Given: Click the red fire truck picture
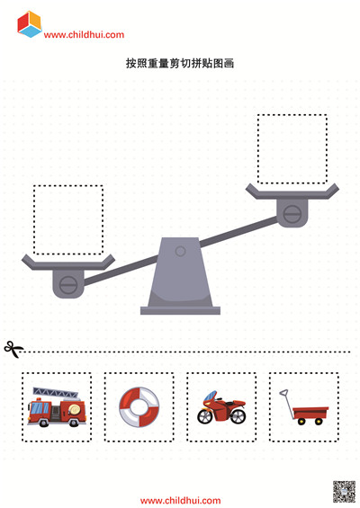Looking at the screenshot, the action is pyautogui.click(x=57, y=406).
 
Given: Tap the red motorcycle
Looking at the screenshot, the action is pyautogui.click(x=221, y=407).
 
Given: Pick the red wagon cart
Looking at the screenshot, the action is pyautogui.click(x=304, y=407).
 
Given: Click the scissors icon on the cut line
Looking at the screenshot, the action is pyautogui.click(x=13, y=350).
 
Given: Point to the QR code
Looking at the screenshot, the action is pyautogui.click(x=344, y=492).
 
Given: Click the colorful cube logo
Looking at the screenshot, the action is pyautogui.click(x=30, y=24).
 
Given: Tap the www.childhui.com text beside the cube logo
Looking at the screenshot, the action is pyautogui.click(x=84, y=35).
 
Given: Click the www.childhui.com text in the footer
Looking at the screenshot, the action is pyautogui.click(x=180, y=501).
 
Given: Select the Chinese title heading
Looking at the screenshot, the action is pyautogui.click(x=180, y=63).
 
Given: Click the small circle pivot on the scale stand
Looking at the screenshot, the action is pyautogui.click(x=180, y=251).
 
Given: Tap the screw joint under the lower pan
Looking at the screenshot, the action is pyautogui.click(x=68, y=285).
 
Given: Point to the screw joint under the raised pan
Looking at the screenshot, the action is pyautogui.click(x=292, y=214).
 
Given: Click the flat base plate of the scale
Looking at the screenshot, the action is pyautogui.click(x=180, y=310).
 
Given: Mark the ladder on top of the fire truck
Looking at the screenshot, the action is pyautogui.click(x=56, y=393).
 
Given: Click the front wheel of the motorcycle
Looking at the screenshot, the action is pyautogui.click(x=205, y=416).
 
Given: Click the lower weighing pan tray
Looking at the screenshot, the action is pyautogui.click(x=68, y=263).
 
